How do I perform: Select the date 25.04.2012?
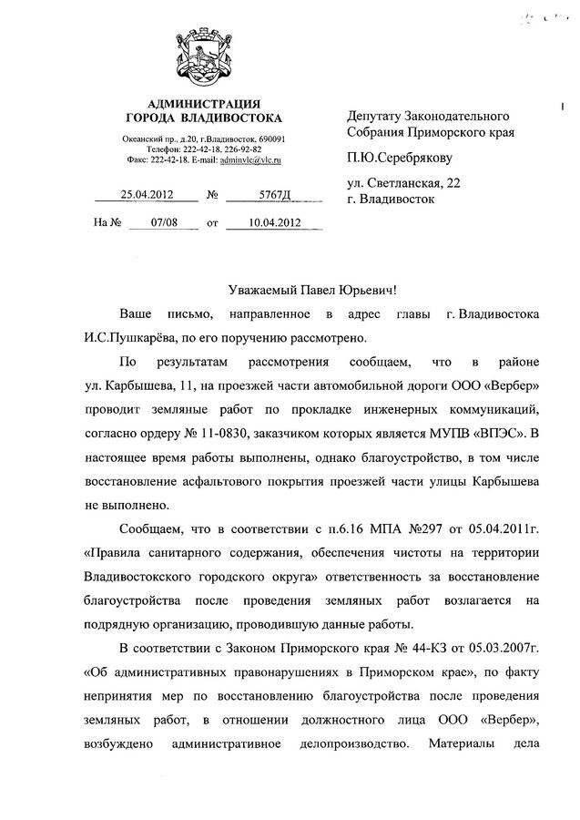click(x=147, y=193)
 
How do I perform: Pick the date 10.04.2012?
click(x=264, y=221)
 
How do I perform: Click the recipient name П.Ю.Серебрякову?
click(x=399, y=157)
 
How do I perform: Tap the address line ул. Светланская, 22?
click(x=403, y=182)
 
